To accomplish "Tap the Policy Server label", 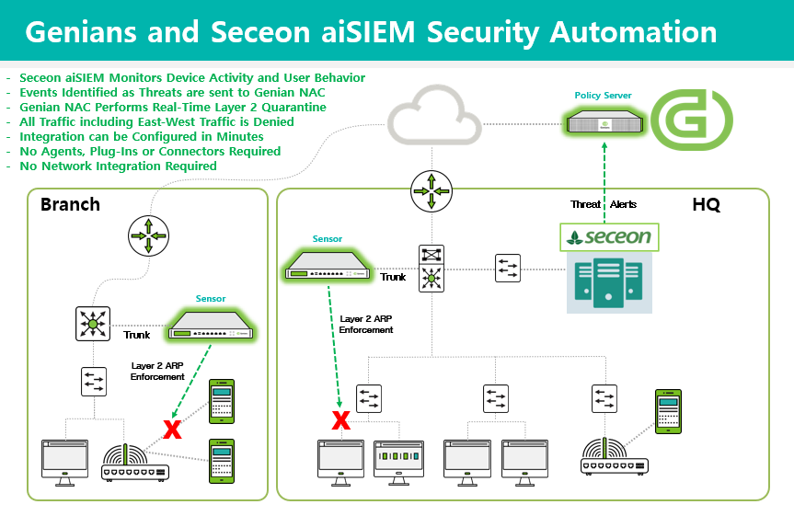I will tap(603, 96).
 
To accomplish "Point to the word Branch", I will tap(70, 204).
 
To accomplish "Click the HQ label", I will tap(706, 204).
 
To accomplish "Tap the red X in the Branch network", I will tap(171, 428).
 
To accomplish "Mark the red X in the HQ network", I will tap(340, 420).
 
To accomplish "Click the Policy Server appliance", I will tap(603, 122).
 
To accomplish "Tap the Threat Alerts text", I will tap(604, 204).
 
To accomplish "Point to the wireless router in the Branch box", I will tap(134, 462).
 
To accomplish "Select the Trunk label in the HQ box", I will tap(393, 277).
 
